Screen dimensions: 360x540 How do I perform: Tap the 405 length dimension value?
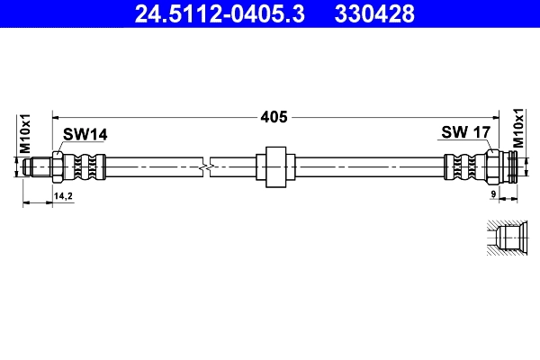[274, 116]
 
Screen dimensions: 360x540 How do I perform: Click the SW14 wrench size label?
[85, 134]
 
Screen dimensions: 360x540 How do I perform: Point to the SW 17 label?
[465, 133]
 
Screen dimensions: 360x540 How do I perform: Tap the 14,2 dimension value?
[64, 194]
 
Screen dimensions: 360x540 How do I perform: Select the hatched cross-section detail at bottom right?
[503, 238]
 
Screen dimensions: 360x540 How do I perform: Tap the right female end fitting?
[508, 166]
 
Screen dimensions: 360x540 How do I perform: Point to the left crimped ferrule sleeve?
[87, 166]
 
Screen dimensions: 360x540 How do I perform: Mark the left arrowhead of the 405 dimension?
[58, 116]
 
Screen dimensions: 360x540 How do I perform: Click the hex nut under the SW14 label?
[58, 166]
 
